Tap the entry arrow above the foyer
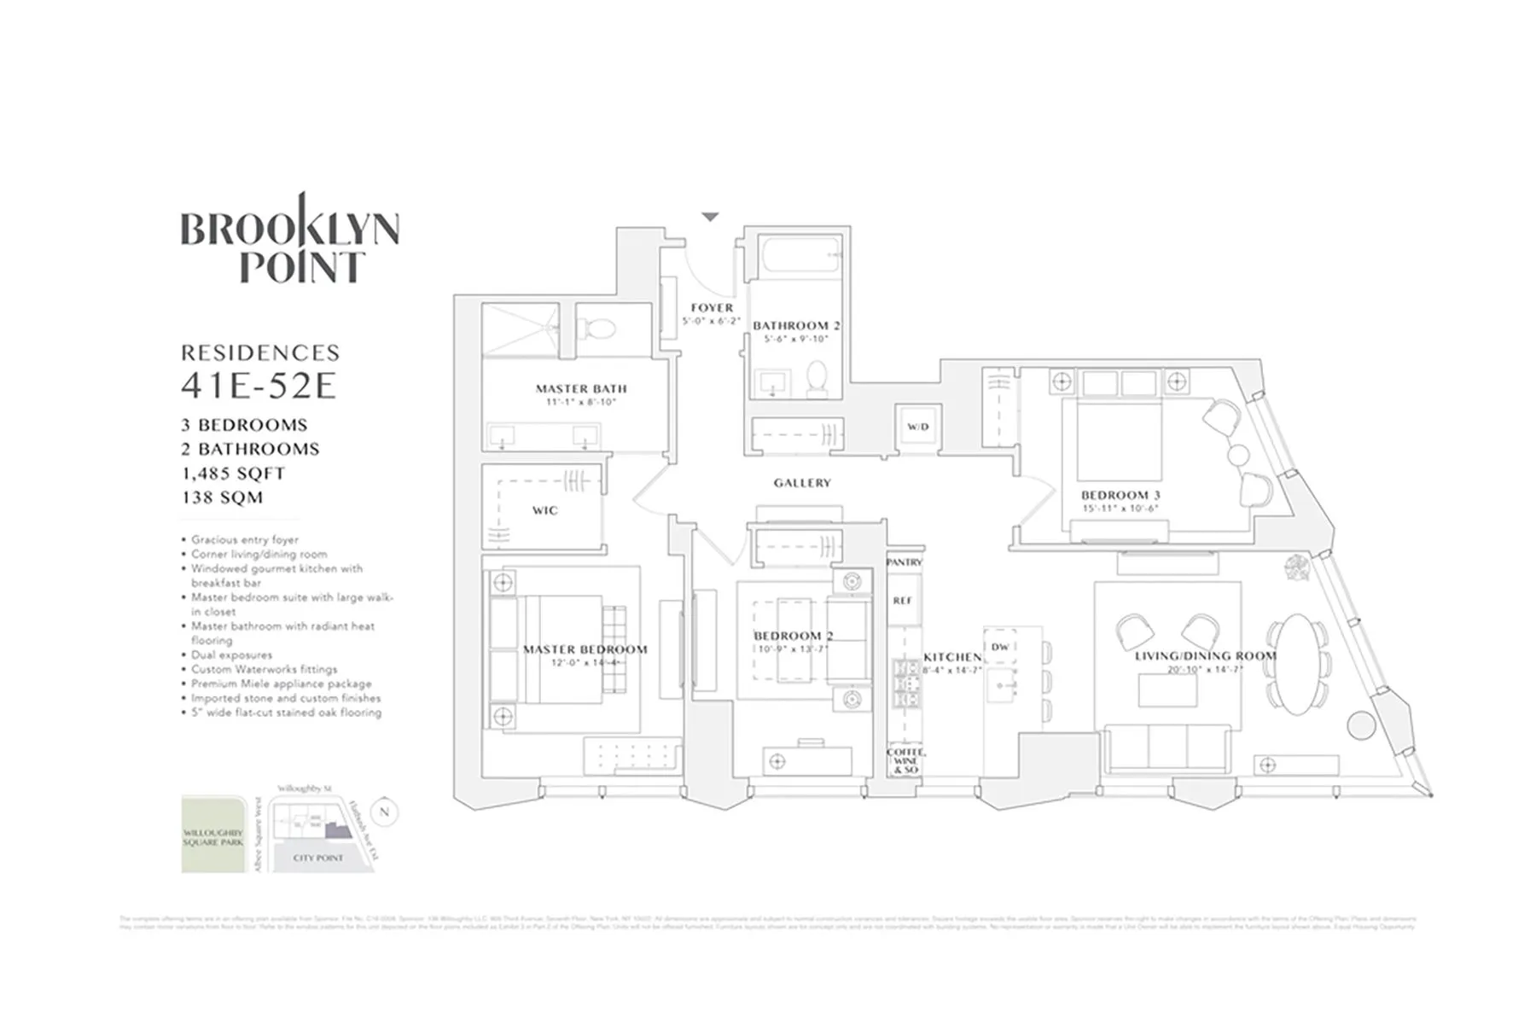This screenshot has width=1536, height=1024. (710, 218)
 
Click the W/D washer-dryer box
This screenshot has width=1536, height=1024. (917, 426)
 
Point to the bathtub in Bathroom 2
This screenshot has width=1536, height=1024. (797, 255)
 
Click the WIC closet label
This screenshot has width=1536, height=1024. (544, 510)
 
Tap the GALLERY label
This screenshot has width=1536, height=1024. (802, 483)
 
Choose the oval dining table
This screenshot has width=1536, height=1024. (1296, 663)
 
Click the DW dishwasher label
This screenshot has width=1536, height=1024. (1000, 647)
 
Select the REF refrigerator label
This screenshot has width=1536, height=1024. (903, 601)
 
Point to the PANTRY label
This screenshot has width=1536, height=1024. (905, 562)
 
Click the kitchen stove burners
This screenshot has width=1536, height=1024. (904, 683)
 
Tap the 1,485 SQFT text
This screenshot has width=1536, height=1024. (233, 474)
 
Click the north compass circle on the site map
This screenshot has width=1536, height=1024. (385, 812)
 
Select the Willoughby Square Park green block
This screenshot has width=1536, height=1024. (212, 835)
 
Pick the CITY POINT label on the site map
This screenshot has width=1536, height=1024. (318, 858)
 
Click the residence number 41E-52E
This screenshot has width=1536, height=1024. (259, 387)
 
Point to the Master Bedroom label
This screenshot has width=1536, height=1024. (585, 649)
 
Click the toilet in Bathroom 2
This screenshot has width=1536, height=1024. (817, 378)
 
